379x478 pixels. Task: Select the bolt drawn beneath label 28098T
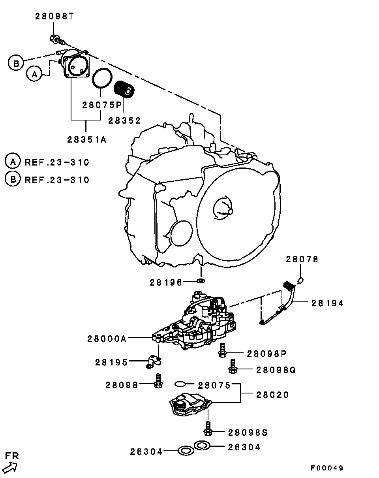[x=56, y=39]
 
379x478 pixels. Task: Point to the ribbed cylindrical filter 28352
[x=124, y=88]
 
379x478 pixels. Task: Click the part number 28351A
[x=86, y=139]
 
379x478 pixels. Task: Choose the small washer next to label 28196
[x=201, y=281]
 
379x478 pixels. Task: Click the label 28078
[x=302, y=260]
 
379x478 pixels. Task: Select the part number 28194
[x=327, y=303]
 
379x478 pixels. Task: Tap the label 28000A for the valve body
[x=107, y=339]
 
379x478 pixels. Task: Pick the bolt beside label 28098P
[x=222, y=350]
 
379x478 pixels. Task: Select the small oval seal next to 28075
[x=180, y=384]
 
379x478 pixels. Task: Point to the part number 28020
[x=272, y=395]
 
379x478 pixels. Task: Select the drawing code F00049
[x=326, y=468]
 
